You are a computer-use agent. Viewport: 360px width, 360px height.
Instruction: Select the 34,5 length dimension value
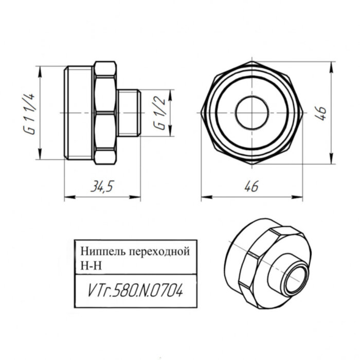(x=101, y=187)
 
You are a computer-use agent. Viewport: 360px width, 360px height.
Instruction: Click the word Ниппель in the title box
(x=99, y=252)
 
